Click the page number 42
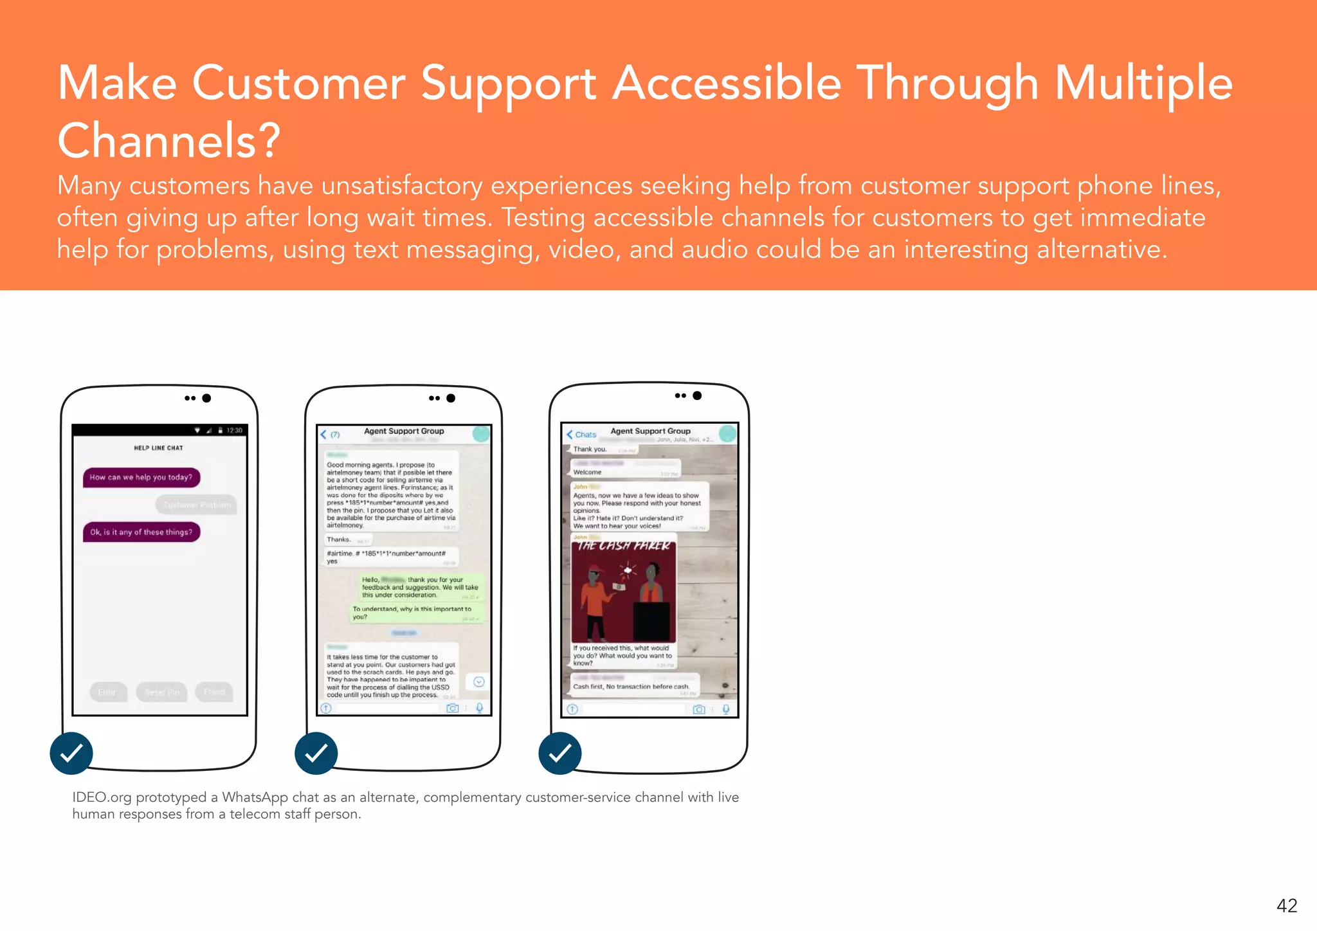pyautogui.click(x=1287, y=906)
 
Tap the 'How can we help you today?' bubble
pyautogui.click(x=141, y=478)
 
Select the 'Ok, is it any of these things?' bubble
pyautogui.click(x=141, y=532)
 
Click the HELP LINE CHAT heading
pyautogui.click(x=158, y=448)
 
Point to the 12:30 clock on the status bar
pyautogui.click(x=234, y=430)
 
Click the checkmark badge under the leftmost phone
pyautogui.click(x=71, y=753)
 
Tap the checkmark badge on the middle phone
pyautogui.click(x=316, y=753)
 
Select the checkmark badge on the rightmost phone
pyautogui.click(x=560, y=753)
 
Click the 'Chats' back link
pyautogui.click(x=585, y=435)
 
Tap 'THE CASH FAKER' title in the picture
pyautogui.click(x=623, y=546)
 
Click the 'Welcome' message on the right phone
pyautogui.click(x=588, y=473)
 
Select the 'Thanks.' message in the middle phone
pyautogui.click(x=339, y=540)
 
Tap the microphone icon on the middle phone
pyautogui.click(x=479, y=708)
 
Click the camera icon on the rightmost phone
pyautogui.click(x=699, y=709)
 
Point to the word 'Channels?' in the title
pyautogui.click(x=169, y=140)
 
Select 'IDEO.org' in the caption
pyautogui.click(x=102, y=797)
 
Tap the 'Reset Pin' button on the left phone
pyautogui.click(x=162, y=692)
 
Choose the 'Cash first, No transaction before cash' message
pyautogui.click(x=630, y=687)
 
